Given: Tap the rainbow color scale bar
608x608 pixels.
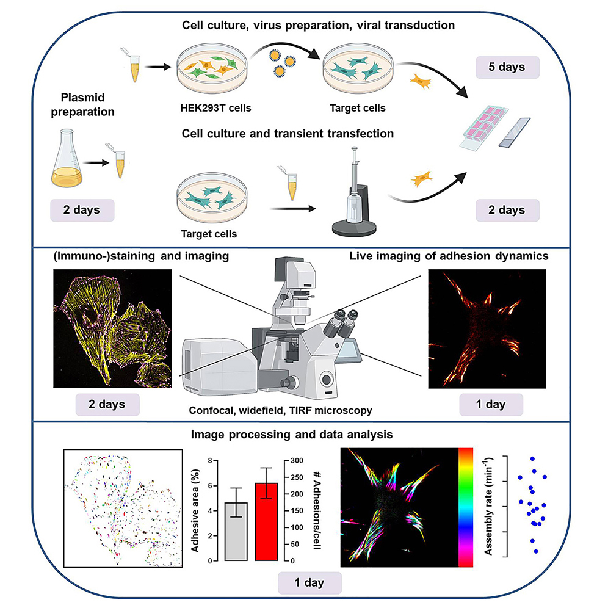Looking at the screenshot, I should [x=465, y=507].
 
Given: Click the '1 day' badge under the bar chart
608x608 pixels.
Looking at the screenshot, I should [x=309, y=582].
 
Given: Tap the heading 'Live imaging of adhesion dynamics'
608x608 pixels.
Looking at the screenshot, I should [x=448, y=257].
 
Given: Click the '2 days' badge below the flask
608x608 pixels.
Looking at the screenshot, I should [x=83, y=211].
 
